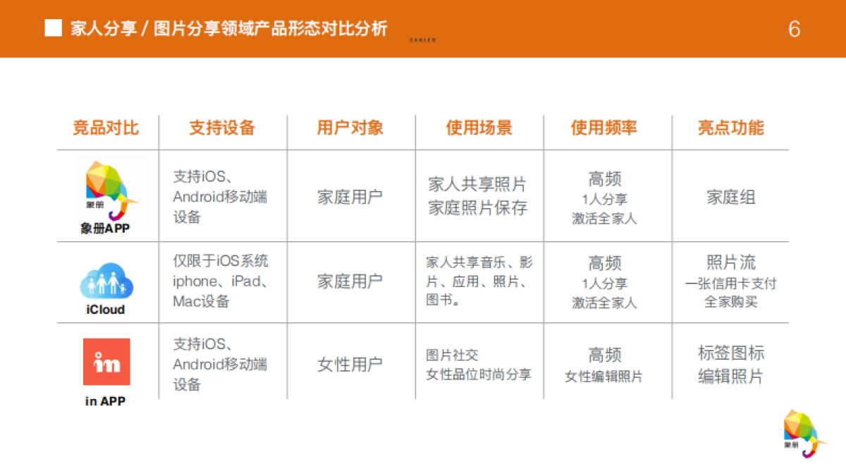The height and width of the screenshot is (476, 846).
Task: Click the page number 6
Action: (795, 29)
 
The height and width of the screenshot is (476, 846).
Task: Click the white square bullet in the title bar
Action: (53, 28)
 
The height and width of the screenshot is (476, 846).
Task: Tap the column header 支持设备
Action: (222, 128)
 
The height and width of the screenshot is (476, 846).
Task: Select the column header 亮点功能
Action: (730, 128)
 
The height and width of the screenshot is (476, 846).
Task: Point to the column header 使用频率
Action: (604, 128)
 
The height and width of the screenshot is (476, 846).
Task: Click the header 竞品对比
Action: (106, 128)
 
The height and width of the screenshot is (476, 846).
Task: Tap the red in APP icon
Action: (106, 362)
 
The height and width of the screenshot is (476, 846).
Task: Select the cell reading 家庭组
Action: (731, 197)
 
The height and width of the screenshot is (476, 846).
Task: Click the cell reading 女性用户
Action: (350, 365)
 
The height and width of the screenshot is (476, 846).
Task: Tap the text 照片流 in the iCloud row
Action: (731, 262)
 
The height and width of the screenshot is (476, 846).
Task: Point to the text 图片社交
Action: (453, 355)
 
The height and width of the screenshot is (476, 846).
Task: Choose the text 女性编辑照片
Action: (604, 377)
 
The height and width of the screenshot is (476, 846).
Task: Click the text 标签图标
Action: (731, 353)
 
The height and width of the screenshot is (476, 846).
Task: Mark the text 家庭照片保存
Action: (478, 208)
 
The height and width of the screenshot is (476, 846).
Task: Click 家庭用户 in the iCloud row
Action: (350, 281)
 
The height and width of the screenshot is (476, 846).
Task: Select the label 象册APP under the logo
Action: (106, 229)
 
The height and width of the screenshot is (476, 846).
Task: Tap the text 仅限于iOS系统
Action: (221, 261)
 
